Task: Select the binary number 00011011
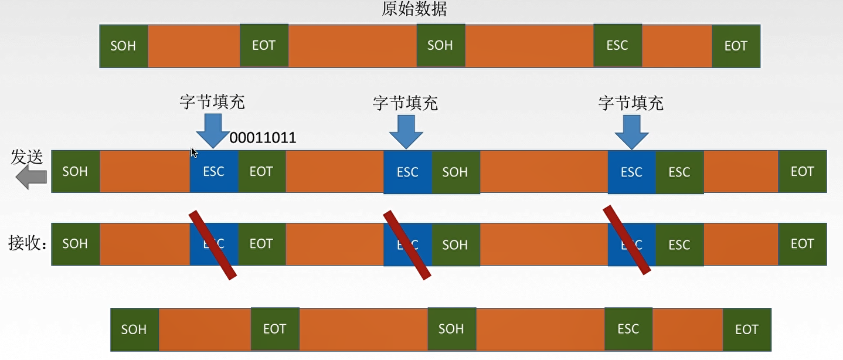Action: [x=263, y=138]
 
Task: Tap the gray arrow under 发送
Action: [x=30, y=176]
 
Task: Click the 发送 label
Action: [x=27, y=157]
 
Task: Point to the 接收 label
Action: [x=27, y=243]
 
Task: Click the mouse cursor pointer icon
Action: [x=194, y=152]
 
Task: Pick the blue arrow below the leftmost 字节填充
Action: [x=212, y=130]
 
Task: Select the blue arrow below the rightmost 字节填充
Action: [x=631, y=131]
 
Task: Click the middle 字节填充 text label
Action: [x=405, y=104]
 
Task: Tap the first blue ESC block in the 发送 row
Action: [x=213, y=172]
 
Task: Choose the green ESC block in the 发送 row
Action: [x=679, y=172]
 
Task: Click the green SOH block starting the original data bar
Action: [x=123, y=46]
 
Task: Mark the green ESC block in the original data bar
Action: [x=617, y=46]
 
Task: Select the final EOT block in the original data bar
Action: [x=736, y=46]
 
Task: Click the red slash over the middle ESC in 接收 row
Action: [x=407, y=244]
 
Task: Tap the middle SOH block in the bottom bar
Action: [x=451, y=329]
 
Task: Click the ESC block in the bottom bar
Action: [x=628, y=329]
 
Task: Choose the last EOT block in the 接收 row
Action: [x=802, y=244]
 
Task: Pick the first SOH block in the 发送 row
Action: [x=75, y=172]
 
